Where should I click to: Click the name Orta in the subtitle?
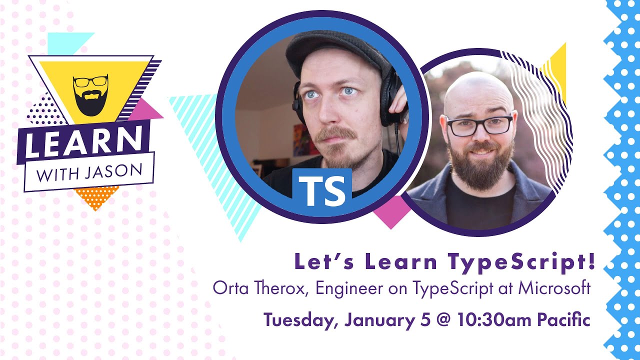(x=227, y=288)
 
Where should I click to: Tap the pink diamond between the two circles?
(x=390, y=211)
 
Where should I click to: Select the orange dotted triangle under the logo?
(x=96, y=196)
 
